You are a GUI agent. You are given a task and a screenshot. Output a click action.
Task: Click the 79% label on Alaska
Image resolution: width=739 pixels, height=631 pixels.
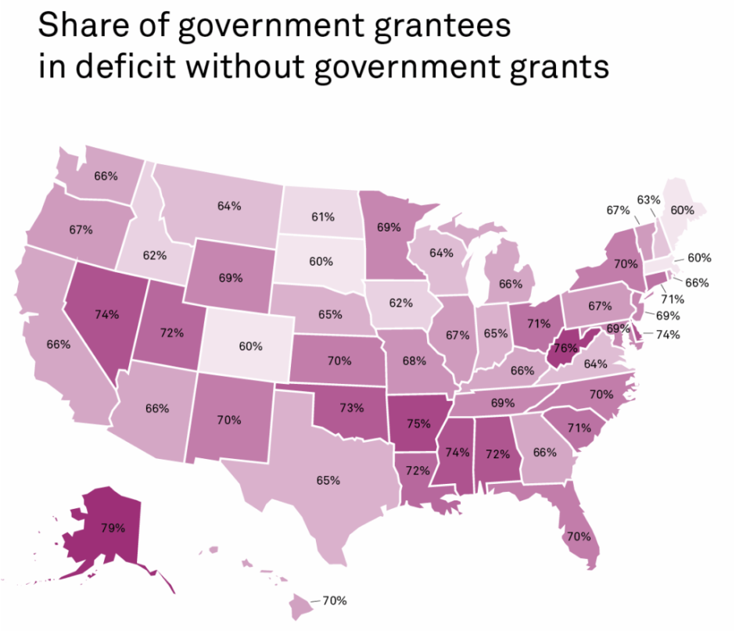[113, 528]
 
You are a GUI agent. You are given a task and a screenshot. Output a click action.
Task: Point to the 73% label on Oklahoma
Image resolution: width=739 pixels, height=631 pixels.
[351, 407]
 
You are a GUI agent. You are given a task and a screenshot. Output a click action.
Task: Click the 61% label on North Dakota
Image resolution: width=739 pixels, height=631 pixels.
[323, 216]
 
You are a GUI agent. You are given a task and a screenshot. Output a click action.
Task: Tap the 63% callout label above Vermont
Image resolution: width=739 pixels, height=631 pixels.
[648, 199]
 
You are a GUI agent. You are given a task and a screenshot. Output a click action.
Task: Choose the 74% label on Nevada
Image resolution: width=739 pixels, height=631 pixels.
[106, 314]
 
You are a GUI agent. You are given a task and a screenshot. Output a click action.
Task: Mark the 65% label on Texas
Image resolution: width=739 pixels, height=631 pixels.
[328, 480]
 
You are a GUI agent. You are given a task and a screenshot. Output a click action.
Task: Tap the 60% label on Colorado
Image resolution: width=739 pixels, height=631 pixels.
[250, 346]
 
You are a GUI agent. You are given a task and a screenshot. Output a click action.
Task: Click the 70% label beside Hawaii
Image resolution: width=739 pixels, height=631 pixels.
[334, 601]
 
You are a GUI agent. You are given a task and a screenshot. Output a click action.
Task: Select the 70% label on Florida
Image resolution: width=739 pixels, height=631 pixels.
[579, 536]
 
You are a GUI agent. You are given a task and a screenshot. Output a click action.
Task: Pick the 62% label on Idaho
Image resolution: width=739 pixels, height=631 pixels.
[155, 254]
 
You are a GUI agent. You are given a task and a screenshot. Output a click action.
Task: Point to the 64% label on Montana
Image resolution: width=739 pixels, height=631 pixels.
[229, 206]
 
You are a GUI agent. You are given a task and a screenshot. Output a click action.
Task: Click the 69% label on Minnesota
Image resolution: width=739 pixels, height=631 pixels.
[389, 228]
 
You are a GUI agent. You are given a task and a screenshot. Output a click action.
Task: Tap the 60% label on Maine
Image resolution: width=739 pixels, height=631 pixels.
[682, 210]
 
